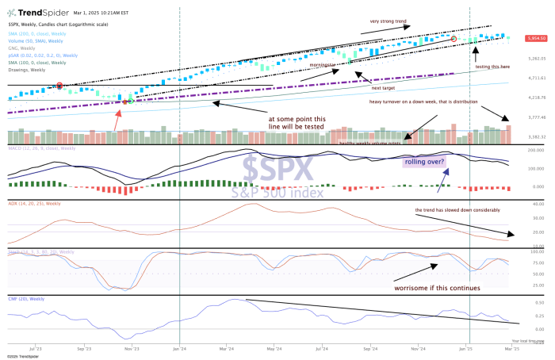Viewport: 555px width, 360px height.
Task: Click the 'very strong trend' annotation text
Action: (x=388, y=21)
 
